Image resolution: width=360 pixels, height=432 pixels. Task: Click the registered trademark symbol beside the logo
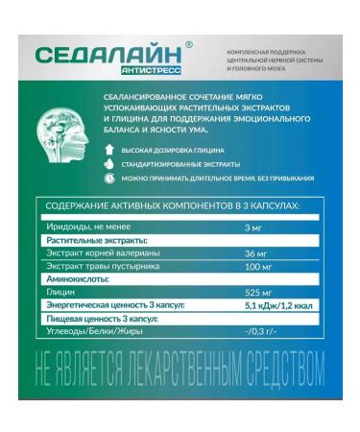pos(188,44)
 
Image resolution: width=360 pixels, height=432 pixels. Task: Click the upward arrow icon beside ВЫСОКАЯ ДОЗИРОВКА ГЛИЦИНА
pos(109,151)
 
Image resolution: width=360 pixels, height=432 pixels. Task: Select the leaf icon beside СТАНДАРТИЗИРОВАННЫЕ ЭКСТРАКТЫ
pos(109,164)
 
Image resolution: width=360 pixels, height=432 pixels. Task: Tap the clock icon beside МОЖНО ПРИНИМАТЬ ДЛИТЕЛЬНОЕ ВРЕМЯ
pos(109,179)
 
